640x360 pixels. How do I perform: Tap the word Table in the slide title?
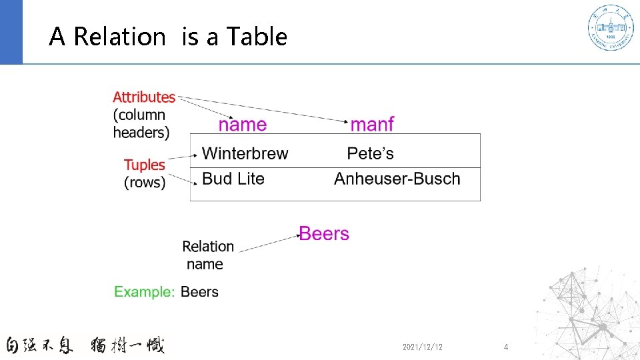[257, 37]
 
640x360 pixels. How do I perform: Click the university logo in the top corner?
[610, 28]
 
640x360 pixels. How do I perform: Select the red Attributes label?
[144, 97]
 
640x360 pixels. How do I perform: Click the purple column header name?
[243, 125]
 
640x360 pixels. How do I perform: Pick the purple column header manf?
[372, 125]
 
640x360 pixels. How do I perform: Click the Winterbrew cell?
[245, 154]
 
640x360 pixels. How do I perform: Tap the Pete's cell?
[370, 154]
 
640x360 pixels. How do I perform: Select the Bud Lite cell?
[233, 179]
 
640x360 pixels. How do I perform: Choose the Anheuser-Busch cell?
[397, 179]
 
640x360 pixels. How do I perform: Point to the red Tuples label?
[144, 165]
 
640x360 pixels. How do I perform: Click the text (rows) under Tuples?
[145, 182]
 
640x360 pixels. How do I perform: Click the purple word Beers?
[324, 234]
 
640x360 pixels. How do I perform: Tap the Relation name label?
[207, 255]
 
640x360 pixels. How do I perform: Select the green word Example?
[145, 292]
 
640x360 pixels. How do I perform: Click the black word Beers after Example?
[199, 292]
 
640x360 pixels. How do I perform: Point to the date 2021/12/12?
[423, 347]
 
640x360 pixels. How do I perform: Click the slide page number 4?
[506, 347]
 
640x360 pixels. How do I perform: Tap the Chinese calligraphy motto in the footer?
[85, 345]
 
